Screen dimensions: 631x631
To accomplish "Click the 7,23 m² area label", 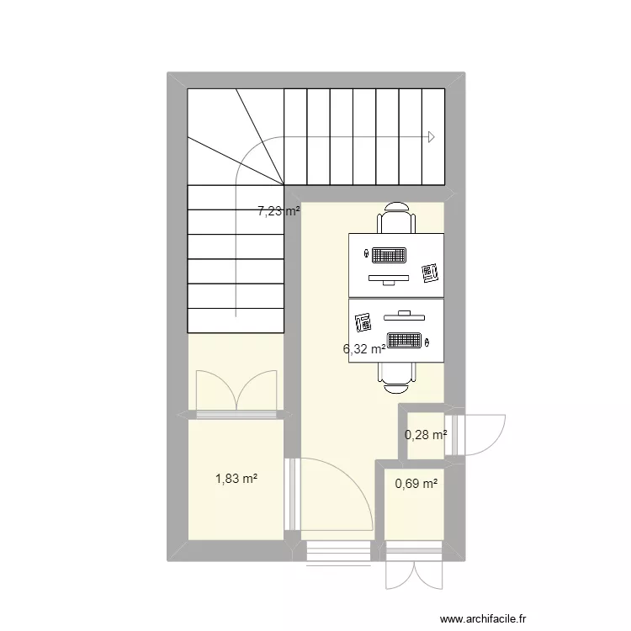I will coord(278,212).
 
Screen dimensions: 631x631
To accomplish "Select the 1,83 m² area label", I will coord(236,479).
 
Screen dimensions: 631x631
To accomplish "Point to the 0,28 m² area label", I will coord(426,435).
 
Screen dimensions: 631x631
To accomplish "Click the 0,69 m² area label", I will coord(417,484).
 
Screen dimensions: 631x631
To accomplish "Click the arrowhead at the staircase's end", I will coord(432,137).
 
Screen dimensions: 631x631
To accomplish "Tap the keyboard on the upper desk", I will coord(390,254).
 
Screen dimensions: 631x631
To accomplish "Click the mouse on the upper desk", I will coord(366,252).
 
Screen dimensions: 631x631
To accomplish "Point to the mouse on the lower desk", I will coord(428,342).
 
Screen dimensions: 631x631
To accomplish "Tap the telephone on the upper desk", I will coord(431,271).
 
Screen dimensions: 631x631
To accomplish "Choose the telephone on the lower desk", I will coord(364,322).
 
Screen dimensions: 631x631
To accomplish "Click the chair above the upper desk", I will coord(395,220).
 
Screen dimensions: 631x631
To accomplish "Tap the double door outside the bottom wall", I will coord(413,576).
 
